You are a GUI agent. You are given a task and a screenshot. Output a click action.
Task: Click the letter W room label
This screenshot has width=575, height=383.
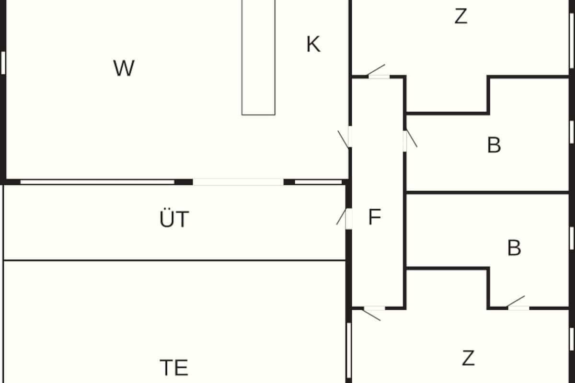click(124, 68)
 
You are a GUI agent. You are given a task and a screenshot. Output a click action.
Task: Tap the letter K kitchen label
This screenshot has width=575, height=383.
click(313, 45)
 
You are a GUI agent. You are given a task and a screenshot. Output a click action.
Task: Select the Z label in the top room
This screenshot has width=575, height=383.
click(460, 17)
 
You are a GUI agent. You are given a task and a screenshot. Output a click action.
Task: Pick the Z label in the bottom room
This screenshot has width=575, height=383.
click(468, 358)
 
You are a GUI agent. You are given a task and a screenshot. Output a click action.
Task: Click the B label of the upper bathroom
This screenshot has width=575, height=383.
click(494, 145)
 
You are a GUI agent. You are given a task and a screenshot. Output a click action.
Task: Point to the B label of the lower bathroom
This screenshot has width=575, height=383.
click(514, 248)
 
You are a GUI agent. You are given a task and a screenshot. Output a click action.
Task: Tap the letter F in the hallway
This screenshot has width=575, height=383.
click(375, 217)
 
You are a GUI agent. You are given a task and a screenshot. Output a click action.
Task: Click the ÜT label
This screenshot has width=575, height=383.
click(174, 219)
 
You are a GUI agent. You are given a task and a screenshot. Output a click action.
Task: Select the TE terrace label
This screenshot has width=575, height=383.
click(173, 368)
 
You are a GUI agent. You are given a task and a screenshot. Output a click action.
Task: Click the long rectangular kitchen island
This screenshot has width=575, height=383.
click(258, 57)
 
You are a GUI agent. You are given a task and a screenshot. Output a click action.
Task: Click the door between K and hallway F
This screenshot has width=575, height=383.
click(350, 137)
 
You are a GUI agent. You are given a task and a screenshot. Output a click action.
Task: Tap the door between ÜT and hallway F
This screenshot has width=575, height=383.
click(348, 218)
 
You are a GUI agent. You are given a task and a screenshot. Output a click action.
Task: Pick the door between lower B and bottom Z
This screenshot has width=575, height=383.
click(518, 307)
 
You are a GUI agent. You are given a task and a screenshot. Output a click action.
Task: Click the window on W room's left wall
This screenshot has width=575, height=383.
click(3, 62)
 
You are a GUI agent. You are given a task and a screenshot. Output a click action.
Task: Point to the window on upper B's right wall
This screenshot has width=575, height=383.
click(572, 132)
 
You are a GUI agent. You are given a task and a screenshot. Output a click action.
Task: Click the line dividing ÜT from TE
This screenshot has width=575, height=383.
click(174, 260)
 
